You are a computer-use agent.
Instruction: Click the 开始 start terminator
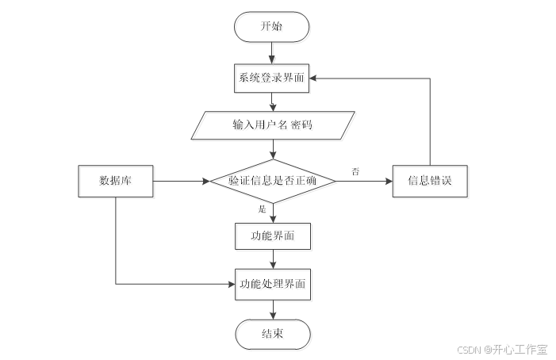point(272,27)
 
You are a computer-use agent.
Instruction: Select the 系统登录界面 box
point(272,78)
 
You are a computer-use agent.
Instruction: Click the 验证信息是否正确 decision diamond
point(273,181)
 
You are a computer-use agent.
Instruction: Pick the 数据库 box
point(115,181)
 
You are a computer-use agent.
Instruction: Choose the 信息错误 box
point(429,181)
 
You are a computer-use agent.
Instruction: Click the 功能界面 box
point(273,236)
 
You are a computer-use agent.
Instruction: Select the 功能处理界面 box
point(273,283)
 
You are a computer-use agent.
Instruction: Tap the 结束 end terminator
point(273,334)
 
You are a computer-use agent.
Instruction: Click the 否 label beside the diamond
point(355,170)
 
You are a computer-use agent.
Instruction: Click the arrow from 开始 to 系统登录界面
point(272,52)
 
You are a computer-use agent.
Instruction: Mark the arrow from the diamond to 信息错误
point(364,181)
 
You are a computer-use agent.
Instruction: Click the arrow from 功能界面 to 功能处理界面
point(273,259)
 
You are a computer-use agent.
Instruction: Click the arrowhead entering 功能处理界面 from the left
point(231,283)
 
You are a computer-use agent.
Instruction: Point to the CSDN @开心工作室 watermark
point(502,349)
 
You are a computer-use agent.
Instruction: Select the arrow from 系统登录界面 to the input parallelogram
point(273,101)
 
